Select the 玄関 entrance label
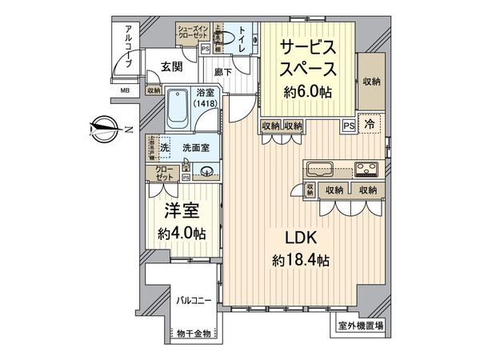click(170, 66)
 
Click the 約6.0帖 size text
click(307, 92)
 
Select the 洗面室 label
click(194, 147)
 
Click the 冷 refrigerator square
click(370, 125)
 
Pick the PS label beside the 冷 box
click(349, 126)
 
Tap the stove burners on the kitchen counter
click(367, 169)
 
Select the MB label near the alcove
click(126, 90)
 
